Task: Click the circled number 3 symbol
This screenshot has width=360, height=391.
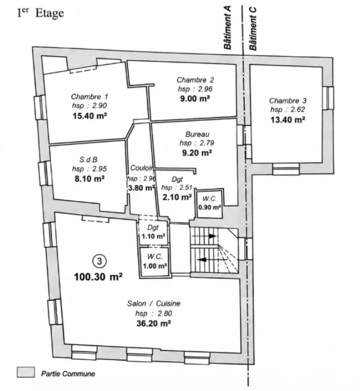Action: pyautogui.click(x=99, y=261)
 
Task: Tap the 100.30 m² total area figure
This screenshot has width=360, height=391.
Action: pyautogui.click(x=98, y=277)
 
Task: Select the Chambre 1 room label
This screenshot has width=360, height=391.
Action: pyautogui.click(x=90, y=97)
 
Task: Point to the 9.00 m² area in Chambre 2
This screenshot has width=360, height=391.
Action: pyautogui.click(x=195, y=98)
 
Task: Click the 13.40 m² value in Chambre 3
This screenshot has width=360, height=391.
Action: pyautogui.click(x=288, y=120)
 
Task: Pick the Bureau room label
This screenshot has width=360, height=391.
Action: pyautogui.click(x=197, y=134)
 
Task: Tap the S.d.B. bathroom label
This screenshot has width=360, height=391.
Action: pyautogui.click(x=89, y=159)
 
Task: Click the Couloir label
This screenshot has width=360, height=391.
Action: pyautogui.click(x=142, y=168)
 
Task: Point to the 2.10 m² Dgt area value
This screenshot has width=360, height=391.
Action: pyautogui.click(x=177, y=197)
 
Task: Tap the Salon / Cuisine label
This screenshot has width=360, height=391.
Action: pyautogui.click(x=153, y=303)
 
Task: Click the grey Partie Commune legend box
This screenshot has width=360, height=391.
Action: pyautogui.click(x=25, y=372)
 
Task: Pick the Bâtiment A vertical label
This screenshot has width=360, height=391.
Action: pyautogui.click(x=227, y=28)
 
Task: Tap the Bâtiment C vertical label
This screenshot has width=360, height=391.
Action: pyautogui.click(x=253, y=29)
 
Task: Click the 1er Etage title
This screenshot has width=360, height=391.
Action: pyautogui.click(x=40, y=13)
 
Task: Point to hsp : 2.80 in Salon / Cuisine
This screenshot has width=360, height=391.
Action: pyautogui.click(x=153, y=313)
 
